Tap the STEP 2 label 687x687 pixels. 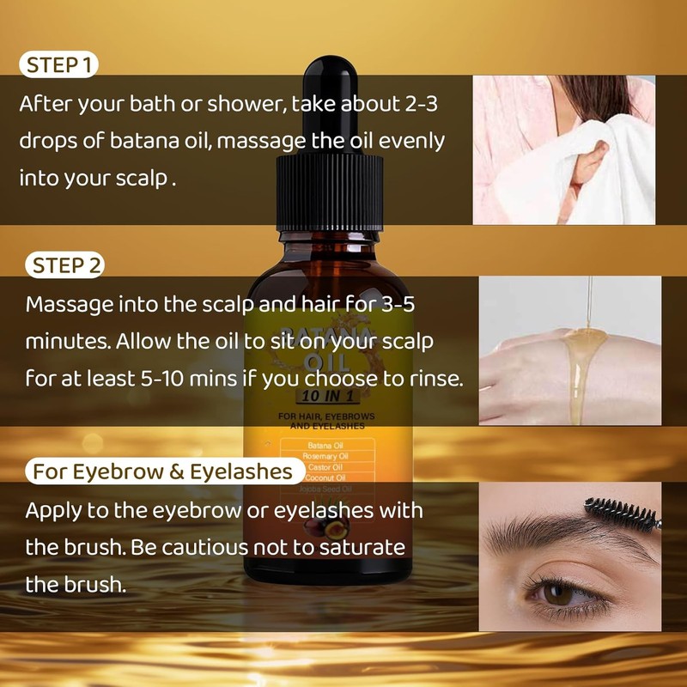tap(66, 265)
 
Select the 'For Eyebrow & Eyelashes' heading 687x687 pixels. tap(164, 471)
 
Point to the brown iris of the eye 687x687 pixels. tap(558, 593)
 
